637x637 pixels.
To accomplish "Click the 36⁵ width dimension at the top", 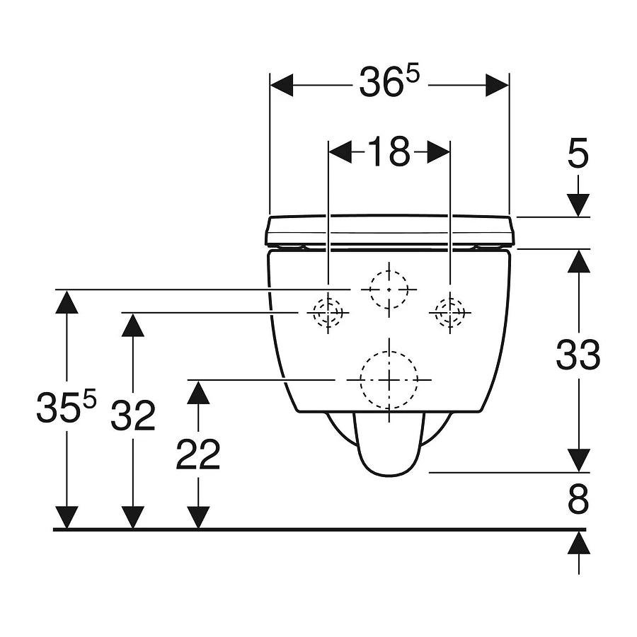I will pyautogui.click(x=389, y=84).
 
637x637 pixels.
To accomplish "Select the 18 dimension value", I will pyautogui.click(x=389, y=151).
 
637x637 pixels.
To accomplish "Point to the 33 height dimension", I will pyautogui.click(x=578, y=355).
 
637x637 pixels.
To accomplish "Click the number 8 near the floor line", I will pyautogui.click(x=578, y=501).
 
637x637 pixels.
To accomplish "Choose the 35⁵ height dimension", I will pyautogui.click(x=66, y=409).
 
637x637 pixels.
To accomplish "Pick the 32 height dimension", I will pyautogui.click(x=132, y=418).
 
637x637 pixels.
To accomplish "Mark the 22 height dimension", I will pyautogui.click(x=198, y=455).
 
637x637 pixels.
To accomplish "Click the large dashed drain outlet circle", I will pyautogui.click(x=389, y=380).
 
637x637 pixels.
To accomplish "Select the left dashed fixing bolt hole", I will pyautogui.click(x=328, y=312).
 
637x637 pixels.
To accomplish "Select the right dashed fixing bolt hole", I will pyautogui.click(x=449, y=312).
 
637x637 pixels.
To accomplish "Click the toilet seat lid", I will pyautogui.click(x=389, y=231).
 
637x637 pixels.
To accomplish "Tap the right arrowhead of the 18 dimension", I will pyautogui.click(x=438, y=151).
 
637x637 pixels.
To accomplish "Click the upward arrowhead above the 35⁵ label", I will pyautogui.click(x=67, y=302).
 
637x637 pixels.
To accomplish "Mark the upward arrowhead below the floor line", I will pyautogui.click(x=579, y=543).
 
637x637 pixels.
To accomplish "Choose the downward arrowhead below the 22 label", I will pyautogui.click(x=198, y=517).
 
